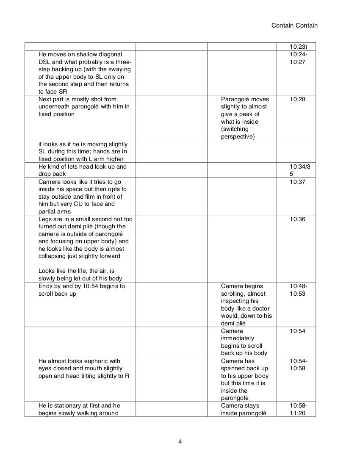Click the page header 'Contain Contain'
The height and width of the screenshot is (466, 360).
(x=294, y=25)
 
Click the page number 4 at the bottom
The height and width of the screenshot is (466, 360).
(x=180, y=441)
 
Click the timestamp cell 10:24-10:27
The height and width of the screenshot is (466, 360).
(x=299, y=58)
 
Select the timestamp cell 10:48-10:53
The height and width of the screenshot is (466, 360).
(x=299, y=290)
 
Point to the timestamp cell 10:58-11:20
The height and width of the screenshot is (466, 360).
(x=299, y=409)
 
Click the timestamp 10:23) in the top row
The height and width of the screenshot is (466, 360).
(x=298, y=47)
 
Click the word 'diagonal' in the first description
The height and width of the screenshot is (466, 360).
(x=103, y=54)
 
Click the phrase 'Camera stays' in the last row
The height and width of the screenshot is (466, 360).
(x=238, y=405)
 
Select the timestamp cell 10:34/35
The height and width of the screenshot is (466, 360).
(x=300, y=170)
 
